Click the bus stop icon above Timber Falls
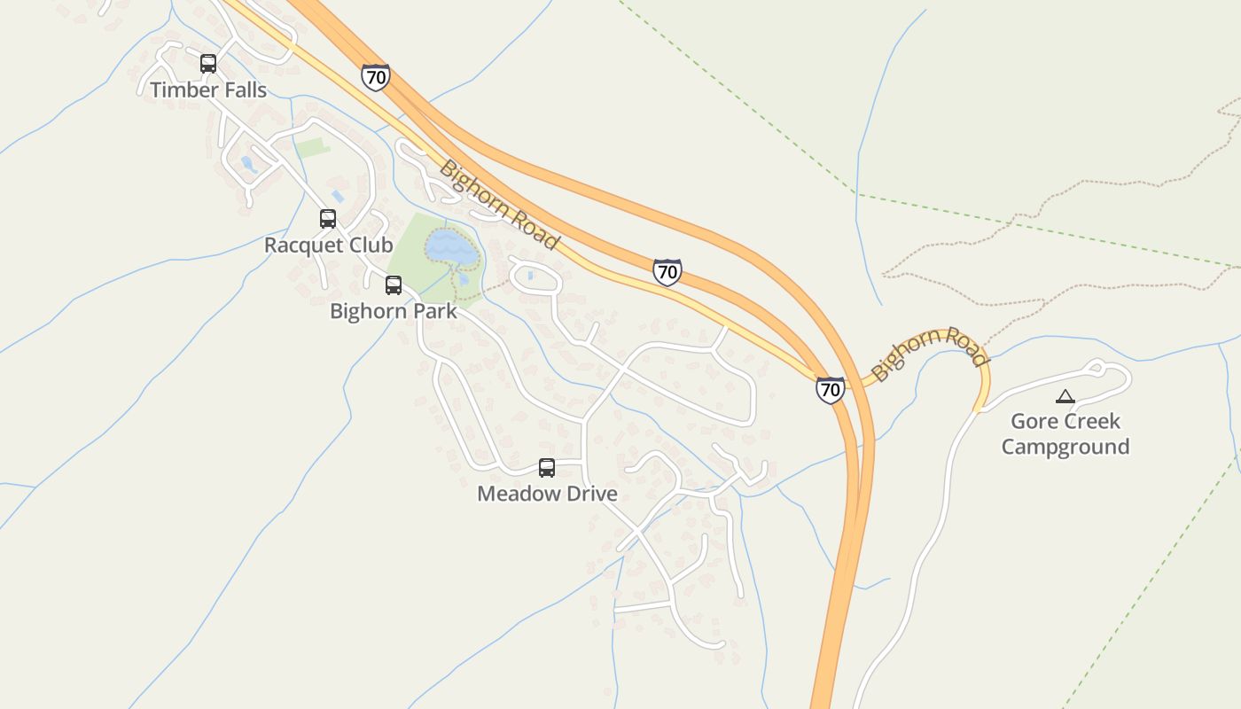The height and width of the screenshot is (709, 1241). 208,64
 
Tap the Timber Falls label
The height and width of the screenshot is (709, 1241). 208,90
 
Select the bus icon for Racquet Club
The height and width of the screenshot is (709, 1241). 328,218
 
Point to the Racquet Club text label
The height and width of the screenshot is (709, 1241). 328,245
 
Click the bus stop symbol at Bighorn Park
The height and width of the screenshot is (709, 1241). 394,285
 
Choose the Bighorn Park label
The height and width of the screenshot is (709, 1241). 394,311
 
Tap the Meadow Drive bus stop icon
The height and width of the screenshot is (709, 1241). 547,468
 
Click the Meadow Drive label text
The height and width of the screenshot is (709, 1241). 547,494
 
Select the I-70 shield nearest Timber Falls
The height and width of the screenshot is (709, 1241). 376,77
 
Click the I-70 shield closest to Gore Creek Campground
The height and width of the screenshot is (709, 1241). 831,390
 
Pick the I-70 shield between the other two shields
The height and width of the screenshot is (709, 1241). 667,272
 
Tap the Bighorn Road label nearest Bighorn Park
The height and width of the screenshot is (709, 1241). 500,205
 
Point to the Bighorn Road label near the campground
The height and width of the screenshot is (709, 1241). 929,352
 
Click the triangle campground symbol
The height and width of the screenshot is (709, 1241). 1065,396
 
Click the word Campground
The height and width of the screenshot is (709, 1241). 1065,447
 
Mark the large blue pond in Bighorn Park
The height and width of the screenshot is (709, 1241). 452,247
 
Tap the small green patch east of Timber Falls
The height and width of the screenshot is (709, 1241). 312,147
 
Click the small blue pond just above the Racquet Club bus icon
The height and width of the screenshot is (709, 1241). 338,196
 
